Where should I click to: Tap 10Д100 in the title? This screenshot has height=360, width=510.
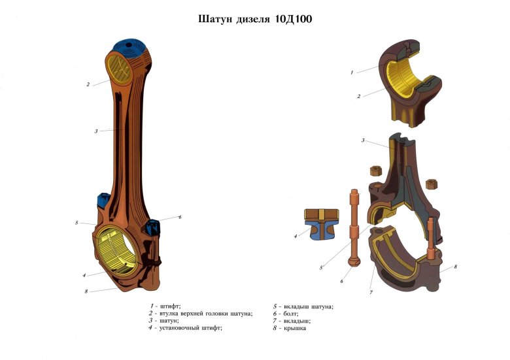[x=294, y=19]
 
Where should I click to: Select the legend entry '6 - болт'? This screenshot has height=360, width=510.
[x=291, y=314]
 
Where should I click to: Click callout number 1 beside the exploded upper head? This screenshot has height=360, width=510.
[x=352, y=73]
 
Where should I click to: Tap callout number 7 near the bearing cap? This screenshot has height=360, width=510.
[x=371, y=293]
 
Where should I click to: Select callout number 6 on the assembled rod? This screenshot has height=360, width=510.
[x=180, y=217]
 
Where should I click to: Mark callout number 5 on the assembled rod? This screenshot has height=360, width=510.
[x=76, y=223]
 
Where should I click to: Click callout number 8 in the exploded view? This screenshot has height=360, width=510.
[x=455, y=267]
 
